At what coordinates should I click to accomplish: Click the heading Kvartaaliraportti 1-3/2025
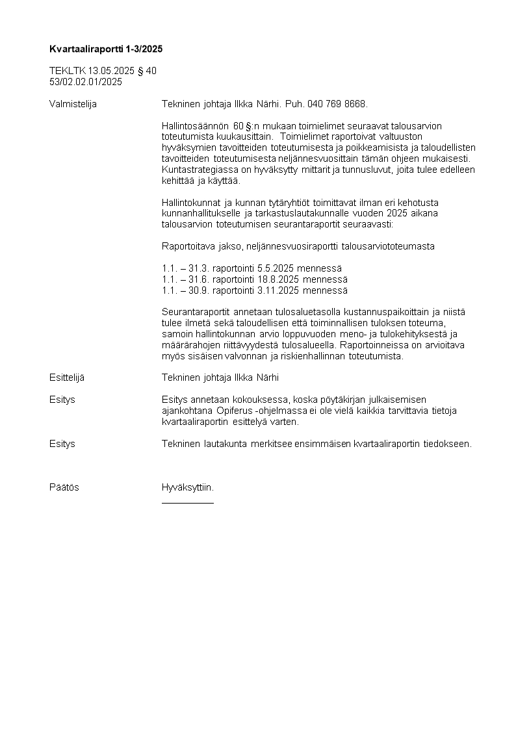click(x=106, y=49)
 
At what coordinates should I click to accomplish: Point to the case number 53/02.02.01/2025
click(x=86, y=82)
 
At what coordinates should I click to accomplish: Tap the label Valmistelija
click(x=73, y=103)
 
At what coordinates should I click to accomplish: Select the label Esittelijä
click(x=67, y=377)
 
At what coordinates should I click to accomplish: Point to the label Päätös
click(x=64, y=487)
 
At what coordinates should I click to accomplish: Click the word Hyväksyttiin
click(x=188, y=487)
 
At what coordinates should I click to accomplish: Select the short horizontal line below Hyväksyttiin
click(x=188, y=502)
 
